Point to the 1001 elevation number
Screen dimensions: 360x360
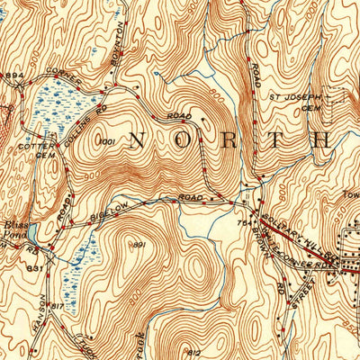tap(109, 142)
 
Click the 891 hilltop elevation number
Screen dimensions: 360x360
tap(139, 245)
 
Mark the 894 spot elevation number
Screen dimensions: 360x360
tap(12, 75)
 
